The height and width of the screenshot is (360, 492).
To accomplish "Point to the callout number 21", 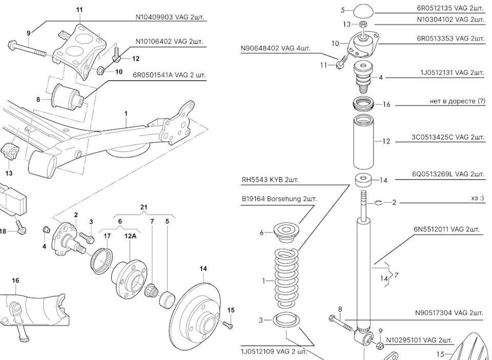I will point(143,207).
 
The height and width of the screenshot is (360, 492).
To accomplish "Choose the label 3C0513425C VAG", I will point(447,137).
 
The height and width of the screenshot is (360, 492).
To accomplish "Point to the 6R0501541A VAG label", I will point(171,75).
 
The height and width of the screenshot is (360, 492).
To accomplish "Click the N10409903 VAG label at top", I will point(170,16).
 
